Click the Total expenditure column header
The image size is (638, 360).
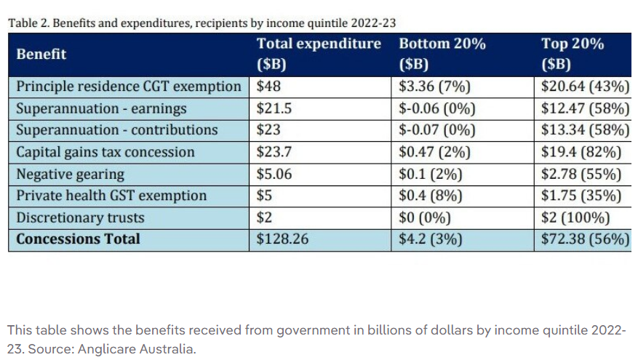319,53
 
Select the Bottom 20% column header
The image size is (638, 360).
442,53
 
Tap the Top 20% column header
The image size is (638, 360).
573,53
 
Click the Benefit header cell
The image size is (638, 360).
41,54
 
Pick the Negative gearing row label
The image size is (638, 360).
70,174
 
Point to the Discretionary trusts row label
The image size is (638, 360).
80,217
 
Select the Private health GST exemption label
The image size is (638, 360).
111,196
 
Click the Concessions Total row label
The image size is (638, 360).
79,239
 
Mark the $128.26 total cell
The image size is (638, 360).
281,239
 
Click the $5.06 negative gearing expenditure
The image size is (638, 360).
274,174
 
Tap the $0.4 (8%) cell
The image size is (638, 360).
430,196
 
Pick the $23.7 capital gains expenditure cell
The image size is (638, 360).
274,152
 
